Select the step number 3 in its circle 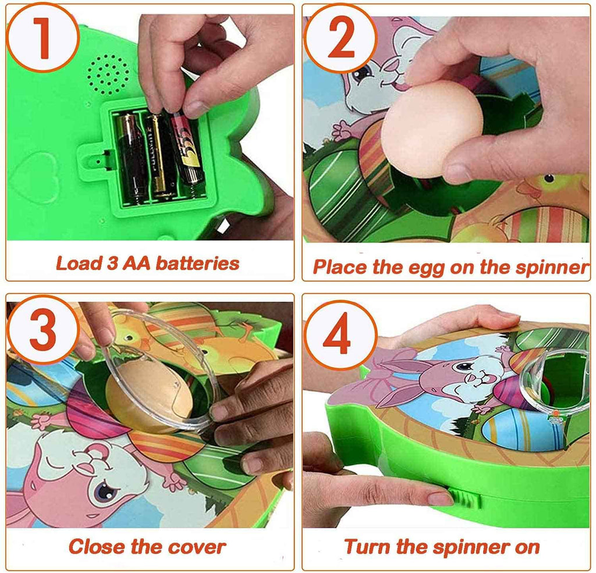[x=42, y=329]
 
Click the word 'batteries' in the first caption [x=197, y=264]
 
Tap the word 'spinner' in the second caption [x=552, y=268]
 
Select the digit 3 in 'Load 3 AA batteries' [x=112, y=263]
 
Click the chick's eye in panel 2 [x=549, y=178]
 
